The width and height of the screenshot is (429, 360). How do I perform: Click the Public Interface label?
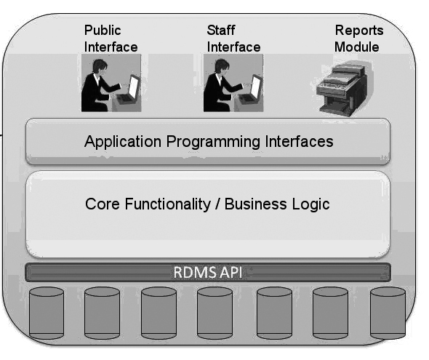(111, 39)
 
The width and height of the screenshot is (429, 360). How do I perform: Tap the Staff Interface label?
(233, 39)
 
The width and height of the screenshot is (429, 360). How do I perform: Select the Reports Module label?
(358, 39)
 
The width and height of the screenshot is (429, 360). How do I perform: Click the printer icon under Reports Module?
(342, 87)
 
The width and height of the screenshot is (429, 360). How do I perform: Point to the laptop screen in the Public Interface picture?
(134, 87)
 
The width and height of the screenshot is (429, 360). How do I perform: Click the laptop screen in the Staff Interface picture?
(256, 87)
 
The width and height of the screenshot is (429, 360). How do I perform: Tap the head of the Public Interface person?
(100, 66)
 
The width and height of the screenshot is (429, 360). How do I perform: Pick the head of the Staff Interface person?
(222, 66)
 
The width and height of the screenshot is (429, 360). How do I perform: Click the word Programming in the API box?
(213, 143)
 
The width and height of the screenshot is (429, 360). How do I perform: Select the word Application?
(123, 141)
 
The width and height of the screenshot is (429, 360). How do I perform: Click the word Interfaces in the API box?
(299, 141)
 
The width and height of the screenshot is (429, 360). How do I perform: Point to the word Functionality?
(168, 204)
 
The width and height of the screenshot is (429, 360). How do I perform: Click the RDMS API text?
(208, 273)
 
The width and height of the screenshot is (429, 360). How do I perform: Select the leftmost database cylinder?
(47, 313)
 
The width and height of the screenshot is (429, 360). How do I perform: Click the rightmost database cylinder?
(388, 313)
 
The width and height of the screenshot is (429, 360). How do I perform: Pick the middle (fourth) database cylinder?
(214, 313)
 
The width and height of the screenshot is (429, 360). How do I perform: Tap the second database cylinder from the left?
(102, 313)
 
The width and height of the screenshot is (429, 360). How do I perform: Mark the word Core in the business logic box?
(103, 204)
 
